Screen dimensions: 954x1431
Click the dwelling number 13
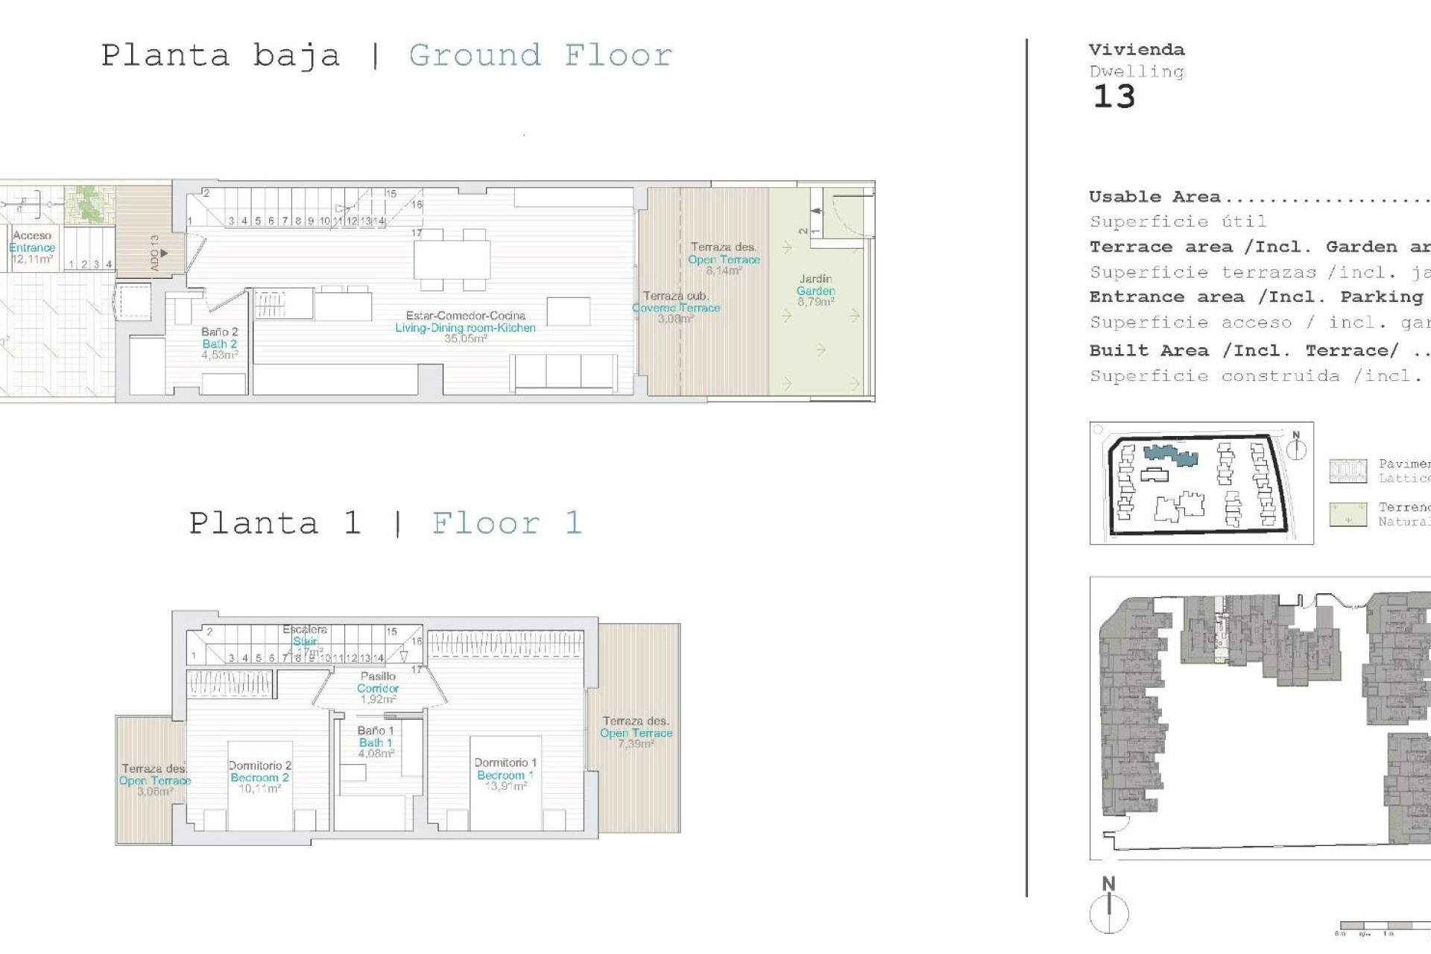[x=1113, y=97]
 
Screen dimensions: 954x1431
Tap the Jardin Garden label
[x=815, y=290]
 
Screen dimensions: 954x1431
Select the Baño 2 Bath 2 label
[x=219, y=343]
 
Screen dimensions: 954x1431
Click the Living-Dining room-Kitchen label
[x=465, y=326]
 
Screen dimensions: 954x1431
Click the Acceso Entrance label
[x=32, y=247]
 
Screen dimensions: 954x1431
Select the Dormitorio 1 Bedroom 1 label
[x=505, y=774]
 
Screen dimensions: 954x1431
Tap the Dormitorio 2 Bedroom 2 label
[x=259, y=777]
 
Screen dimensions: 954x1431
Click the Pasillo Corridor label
[x=378, y=687]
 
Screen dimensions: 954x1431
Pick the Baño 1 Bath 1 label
[x=375, y=742]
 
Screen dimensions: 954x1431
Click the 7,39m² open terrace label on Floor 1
[x=636, y=732]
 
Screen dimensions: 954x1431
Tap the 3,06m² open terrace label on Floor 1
[x=154, y=780]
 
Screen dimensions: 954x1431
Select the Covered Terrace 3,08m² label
[x=676, y=307]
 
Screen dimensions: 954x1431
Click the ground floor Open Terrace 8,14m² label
[x=723, y=259]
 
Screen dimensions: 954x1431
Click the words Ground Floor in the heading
[x=540, y=55]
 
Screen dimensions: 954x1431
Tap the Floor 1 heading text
[x=507, y=522]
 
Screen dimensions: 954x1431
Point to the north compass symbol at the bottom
[x=1109, y=911]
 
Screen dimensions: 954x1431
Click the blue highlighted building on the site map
[x=1170, y=455]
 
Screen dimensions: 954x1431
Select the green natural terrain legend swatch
[x=1348, y=514]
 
